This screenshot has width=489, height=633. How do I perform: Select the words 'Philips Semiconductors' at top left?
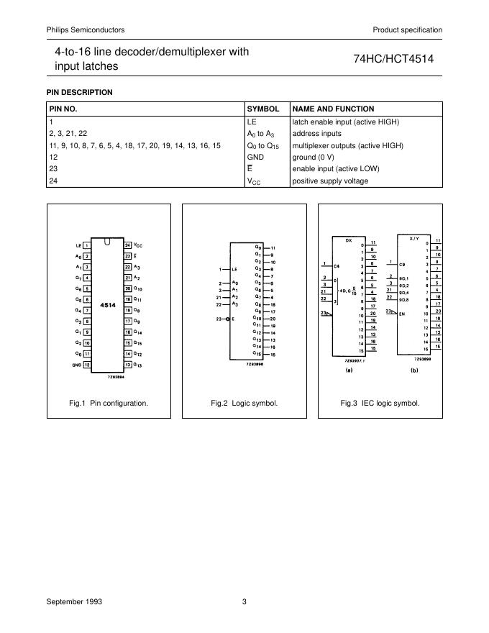(x=86, y=29)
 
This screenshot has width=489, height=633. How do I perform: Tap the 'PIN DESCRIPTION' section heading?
(x=79, y=92)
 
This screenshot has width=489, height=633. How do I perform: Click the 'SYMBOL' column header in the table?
(x=263, y=109)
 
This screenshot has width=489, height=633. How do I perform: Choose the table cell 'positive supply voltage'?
(x=330, y=181)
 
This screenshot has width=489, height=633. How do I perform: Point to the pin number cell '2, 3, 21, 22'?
(x=68, y=134)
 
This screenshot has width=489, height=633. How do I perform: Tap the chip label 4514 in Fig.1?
(x=108, y=305)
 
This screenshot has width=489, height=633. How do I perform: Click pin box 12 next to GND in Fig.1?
(x=86, y=365)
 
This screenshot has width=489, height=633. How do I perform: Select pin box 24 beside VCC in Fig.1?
(x=128, y=245)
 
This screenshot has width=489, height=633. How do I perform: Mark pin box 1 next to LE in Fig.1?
(x=86, y=245)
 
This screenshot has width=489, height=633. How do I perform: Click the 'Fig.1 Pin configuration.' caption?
(x=109, y=403)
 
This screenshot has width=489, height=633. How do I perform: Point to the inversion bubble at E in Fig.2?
(x=227, y=317)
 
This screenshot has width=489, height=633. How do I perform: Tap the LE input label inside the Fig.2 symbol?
(x=235, y=270)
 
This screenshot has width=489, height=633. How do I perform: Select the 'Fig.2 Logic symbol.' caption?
(x=244, y=403)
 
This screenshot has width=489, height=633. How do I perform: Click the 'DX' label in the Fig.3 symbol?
(x=349, y=240)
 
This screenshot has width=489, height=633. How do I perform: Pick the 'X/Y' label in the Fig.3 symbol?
(x=413, y=237)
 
